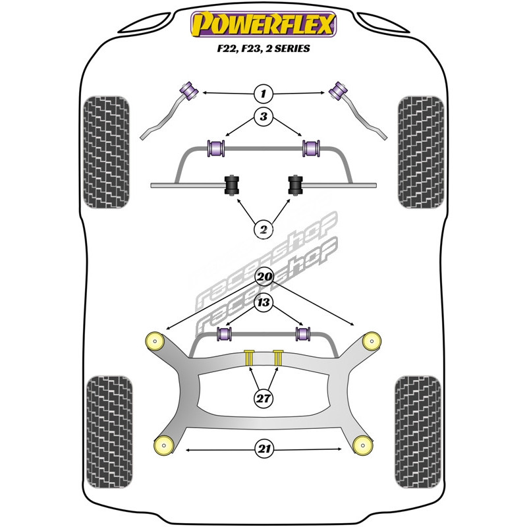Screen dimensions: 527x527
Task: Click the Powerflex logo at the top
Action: point(263,24)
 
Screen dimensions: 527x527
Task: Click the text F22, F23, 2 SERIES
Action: point(263,49)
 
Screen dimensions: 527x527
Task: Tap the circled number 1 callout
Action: point(263,93)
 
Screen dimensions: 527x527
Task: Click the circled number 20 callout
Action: point(263,277)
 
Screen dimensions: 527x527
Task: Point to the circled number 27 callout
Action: point(263,397)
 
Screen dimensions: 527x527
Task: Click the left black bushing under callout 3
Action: point(232,185)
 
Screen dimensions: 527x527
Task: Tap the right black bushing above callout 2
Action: point(295,185)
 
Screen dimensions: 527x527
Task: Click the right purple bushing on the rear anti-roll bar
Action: point(304,334)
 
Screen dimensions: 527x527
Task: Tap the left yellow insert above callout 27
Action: point(249,357)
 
